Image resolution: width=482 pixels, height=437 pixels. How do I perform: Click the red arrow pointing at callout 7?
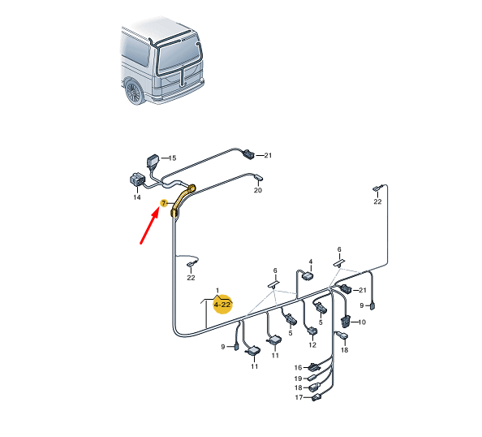[x=149, y=225]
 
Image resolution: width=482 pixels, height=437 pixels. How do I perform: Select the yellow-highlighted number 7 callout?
[x=164, y=203]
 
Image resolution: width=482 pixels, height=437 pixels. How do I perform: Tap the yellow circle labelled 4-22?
[x=223, y=305]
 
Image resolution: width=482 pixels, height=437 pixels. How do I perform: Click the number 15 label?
[x=173, y=158]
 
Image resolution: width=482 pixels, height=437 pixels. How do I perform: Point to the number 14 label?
[x=137, y=197]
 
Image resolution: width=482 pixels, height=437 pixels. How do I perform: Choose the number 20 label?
[x=257, y=190]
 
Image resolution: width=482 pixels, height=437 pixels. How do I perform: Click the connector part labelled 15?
[x=153, y=162]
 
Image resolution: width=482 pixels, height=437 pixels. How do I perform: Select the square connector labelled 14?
[x=136, y=180]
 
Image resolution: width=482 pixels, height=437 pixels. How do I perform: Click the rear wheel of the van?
[x=134, y=92]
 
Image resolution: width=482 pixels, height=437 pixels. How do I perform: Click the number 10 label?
[x=362, y=322]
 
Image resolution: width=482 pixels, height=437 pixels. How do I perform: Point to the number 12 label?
[x=312, y=344]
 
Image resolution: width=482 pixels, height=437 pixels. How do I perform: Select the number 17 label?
[x=299, y=397]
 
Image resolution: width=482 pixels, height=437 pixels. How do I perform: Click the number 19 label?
[x=298, y=379]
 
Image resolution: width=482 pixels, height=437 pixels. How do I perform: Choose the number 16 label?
[x=298, y=367]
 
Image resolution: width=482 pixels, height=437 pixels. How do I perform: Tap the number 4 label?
[x=311, y=262]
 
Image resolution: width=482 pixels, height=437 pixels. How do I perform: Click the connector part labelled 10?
[x=346, y=321]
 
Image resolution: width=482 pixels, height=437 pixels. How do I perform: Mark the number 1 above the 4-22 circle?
[x=217, y=290]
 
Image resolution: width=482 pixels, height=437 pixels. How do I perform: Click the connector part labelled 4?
[x=308, y=275]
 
